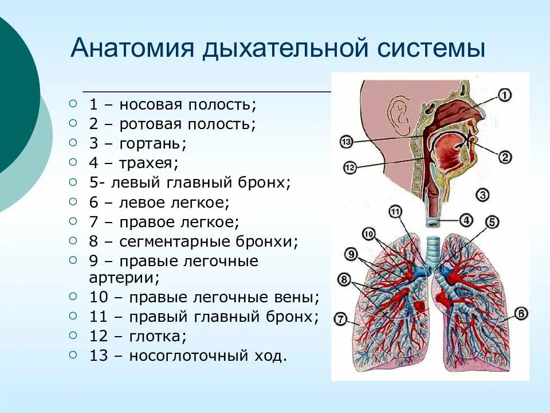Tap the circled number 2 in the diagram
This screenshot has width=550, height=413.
point(504,157)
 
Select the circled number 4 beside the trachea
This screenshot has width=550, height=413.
point(466,220)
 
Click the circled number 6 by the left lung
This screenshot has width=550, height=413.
point(520,314)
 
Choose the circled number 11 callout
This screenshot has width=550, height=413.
point(396,213)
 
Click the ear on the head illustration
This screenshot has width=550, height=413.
point(397,112)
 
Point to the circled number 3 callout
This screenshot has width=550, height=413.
point(482,195)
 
